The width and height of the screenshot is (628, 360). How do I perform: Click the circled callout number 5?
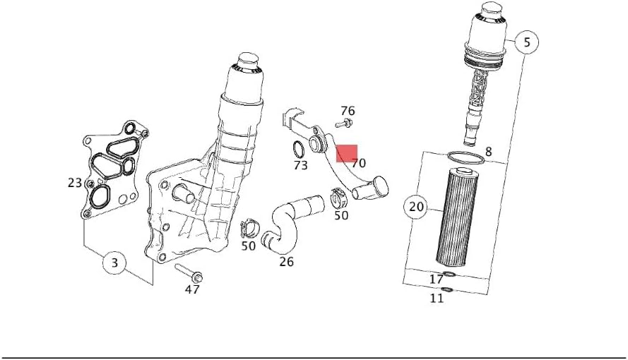(527, 42)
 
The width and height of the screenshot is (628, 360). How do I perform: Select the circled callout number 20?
(417, 207)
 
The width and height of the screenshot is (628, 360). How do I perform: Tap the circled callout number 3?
(114, 263)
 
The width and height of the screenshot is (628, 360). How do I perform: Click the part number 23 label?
(75, 183)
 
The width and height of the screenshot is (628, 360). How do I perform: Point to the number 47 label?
(192, 289)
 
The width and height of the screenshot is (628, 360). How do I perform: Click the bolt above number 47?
(189, 273)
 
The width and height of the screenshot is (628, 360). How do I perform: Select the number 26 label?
(286, 262)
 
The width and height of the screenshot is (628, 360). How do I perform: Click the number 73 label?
(300, 164)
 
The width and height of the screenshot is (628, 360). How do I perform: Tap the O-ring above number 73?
(298, 150)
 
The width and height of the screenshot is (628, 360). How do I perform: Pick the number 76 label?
(348, 110)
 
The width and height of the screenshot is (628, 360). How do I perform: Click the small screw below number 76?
(344, 124)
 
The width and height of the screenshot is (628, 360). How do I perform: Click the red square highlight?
(346, 154)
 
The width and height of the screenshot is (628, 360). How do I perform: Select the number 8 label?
(488, 152)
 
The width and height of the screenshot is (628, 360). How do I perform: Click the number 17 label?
(436, 279)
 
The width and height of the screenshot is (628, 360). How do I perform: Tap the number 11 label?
(437, 298)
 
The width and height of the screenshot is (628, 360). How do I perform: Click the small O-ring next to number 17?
(449, 275)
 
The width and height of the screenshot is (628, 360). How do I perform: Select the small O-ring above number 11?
(446, 289)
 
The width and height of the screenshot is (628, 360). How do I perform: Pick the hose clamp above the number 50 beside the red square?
(339, 198)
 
